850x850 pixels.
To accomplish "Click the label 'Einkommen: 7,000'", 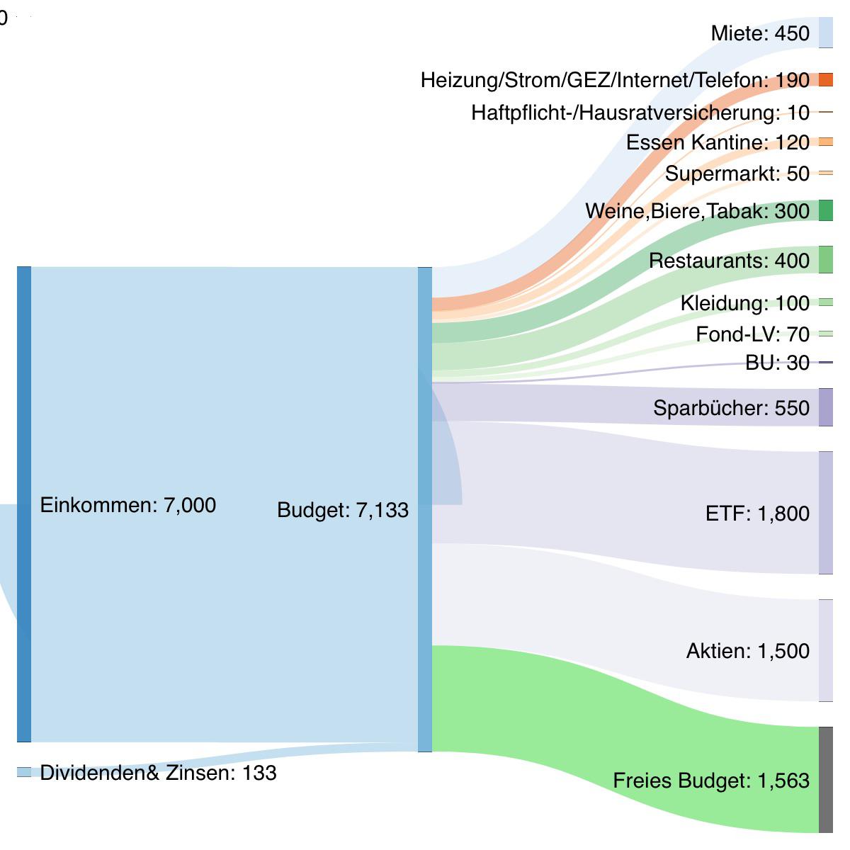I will tap(127, 505).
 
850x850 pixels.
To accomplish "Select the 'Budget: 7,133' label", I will tap(342, 510).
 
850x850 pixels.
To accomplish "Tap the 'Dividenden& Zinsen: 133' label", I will tap(158, 773).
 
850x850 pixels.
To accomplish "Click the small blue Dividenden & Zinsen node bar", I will tap(24, 772).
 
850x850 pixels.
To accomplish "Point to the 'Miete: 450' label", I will tap(759, 33).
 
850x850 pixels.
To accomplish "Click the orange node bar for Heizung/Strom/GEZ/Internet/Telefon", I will tap(825, 79).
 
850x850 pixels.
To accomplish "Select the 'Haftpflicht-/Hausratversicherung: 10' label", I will tap(640, 112).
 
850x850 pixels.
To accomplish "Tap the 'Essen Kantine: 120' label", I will tap(717, 142).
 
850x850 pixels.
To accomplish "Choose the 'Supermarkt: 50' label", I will tap(737, 174).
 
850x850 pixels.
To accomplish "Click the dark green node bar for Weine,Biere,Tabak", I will tap(825, 210).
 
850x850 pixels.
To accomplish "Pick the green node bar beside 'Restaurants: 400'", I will tap(825, 260).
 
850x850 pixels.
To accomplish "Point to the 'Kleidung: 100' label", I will tap(744, 303).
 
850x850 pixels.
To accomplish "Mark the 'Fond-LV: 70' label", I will tap(752, 334).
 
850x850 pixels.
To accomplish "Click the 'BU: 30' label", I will tap(777, 363).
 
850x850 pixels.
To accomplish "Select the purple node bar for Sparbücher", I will tap(825, 407).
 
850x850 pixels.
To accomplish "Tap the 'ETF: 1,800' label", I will tap(756, 513).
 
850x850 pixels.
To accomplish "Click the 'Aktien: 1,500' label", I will tap(747, 651).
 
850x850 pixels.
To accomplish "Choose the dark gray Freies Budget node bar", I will tap(825, 779).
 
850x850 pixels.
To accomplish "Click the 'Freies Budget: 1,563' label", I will tap(710, 781).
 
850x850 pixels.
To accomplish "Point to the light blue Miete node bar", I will tap(825, 33).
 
